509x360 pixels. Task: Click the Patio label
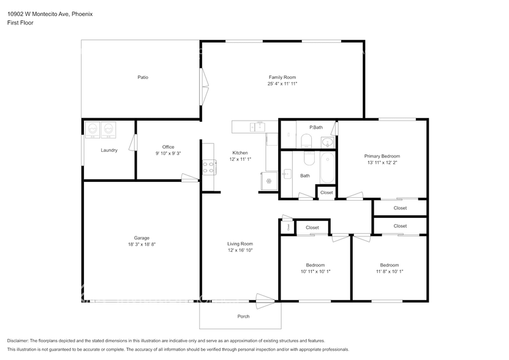coord(143,77)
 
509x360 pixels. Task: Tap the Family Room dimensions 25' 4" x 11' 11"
coord(282,84)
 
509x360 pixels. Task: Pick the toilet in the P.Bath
coord(307,141)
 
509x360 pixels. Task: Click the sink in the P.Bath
coord(328,142)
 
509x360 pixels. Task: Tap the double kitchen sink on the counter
coord(258,126)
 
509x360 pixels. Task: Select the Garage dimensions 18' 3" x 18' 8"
coord(141,245)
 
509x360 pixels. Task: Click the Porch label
coord(243,317)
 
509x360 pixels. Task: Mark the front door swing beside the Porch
coord(265,301)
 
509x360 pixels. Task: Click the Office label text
coord(168,147)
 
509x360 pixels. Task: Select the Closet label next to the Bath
coord(326,192)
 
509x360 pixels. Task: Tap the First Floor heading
coord(20,23)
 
